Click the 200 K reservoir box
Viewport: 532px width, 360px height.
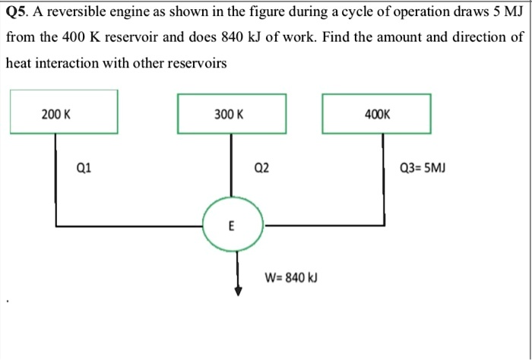coord(64,112)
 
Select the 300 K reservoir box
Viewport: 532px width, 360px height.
coord(231,113)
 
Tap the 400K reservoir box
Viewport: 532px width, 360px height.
coord(376,113)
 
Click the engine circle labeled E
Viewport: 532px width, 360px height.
coord(232,226)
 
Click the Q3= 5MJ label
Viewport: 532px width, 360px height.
coord(423,169)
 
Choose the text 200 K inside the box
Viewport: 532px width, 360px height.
coord(56,114)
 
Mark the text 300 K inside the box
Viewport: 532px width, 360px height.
coord(229,114)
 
